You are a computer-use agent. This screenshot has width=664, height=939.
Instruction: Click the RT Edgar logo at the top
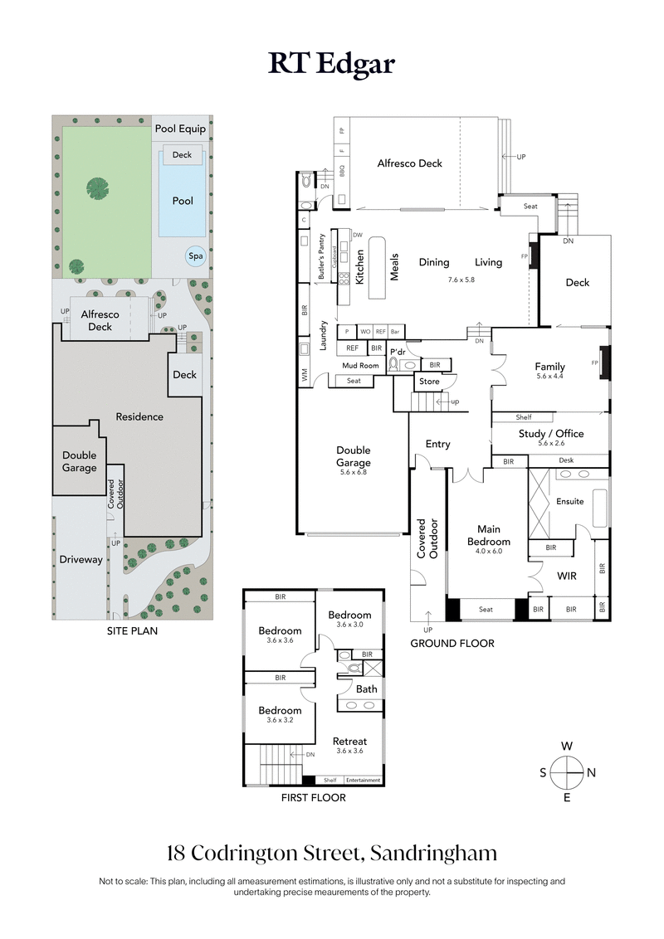click(331, 64)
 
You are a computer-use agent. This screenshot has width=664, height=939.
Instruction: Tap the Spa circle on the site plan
click(196, 256)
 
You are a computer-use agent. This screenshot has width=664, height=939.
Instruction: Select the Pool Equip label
click(180, 129)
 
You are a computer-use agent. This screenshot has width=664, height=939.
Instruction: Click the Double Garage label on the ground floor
click(353, 457)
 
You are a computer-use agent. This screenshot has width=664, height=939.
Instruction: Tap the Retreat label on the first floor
click(349, 741)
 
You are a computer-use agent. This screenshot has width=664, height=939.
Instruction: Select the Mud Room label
click(360, 365)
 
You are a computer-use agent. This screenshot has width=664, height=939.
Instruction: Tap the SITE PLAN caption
click(132, 630)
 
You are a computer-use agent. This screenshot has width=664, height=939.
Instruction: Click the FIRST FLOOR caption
click(313, 798)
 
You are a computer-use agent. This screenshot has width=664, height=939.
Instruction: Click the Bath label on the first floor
click(366, 688)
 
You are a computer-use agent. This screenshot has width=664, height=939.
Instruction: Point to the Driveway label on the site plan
click(81, 559)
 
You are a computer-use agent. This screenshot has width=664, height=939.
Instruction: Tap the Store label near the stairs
click(429, 382)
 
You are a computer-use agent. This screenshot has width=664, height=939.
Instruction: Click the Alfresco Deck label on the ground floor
click(409, 163)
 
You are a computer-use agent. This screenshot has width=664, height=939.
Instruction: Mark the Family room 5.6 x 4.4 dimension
click(549, 376)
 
